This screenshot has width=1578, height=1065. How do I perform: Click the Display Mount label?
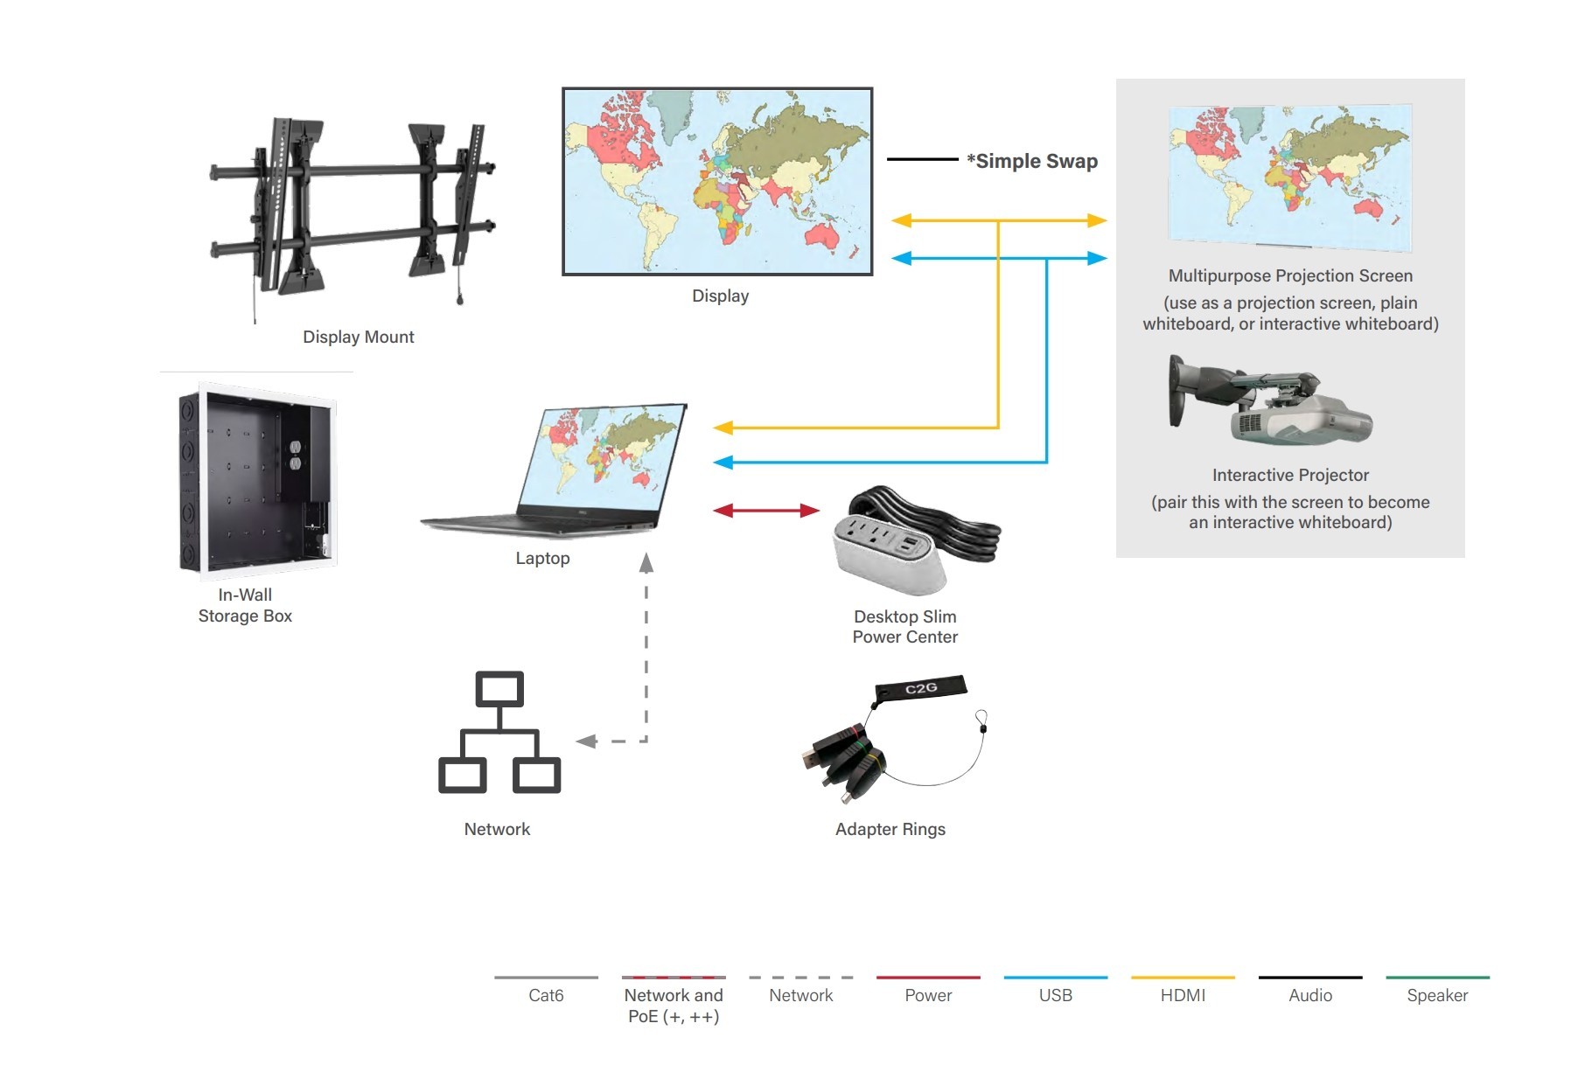pos(358,337)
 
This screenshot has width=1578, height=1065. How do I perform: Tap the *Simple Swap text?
pos(1032,161)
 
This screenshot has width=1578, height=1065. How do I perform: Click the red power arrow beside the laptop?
pos(765,510)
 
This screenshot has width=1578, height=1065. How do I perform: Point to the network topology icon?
pos(499,733)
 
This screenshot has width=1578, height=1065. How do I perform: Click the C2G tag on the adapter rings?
pos(921,688)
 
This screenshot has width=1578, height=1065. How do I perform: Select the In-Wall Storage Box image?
pos(257,480)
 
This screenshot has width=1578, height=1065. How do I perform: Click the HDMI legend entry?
pos(1183,995)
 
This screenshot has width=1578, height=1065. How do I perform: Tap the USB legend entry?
pos(1055,995)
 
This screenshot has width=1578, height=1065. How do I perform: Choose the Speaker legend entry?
pos(1437,995)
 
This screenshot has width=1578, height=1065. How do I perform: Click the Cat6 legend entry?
pos(546,995)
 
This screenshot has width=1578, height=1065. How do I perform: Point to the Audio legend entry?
pos(1309,995)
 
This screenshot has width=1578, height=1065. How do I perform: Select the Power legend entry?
pos(928,995)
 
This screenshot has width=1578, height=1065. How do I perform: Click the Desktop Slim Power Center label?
pos(904,627)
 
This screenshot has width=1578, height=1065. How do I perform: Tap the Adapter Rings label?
pos(890,829)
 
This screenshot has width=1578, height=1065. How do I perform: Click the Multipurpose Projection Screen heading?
pos(1290,275)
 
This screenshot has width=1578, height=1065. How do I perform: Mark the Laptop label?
pos(542,558)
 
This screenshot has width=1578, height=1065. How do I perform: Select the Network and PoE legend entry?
pos(674,1005)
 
